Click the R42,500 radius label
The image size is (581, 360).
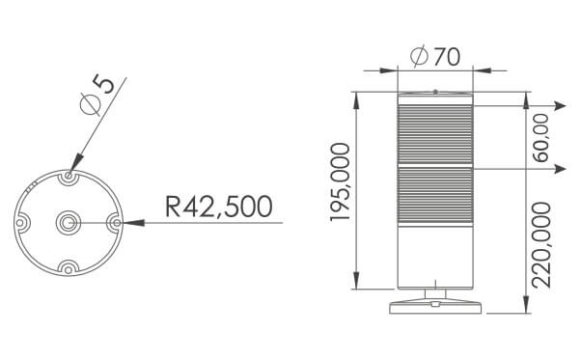tap(219, 207)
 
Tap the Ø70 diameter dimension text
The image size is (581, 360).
tap(435, 57)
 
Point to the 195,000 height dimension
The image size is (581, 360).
tap(340, 182)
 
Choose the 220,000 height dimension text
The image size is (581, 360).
tap(541, 245)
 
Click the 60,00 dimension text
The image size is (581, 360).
tap(541, 138)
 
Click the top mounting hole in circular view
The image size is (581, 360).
tap(69, 176)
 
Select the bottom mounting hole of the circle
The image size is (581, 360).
tap(69, 269)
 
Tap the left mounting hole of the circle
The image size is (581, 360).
tap(20, 223)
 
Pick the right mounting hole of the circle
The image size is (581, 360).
tap(117, 223)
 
